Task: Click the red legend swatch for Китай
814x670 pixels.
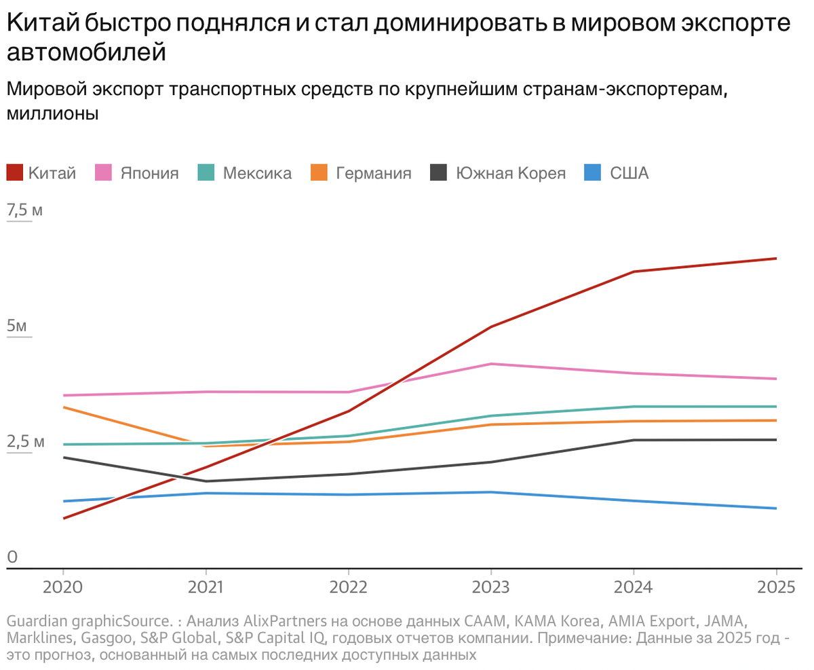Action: [15, 173]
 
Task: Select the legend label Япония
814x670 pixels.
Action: [149, 173]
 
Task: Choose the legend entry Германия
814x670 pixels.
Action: [373, 173]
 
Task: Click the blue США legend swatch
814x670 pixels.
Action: [592, 173]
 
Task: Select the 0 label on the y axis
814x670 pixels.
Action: [12, 557]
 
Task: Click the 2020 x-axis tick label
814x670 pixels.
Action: [63, 587]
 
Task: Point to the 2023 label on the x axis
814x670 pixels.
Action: [491, 587]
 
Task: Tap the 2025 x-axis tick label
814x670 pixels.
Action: [776, 587]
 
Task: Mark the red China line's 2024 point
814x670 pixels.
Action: [634, 272]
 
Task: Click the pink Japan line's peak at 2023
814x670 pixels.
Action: [491, 364]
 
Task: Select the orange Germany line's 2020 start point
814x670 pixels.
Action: [63, 407]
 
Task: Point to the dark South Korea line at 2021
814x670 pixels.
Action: [206, 481]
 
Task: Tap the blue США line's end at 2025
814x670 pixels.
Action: [776, 508]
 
